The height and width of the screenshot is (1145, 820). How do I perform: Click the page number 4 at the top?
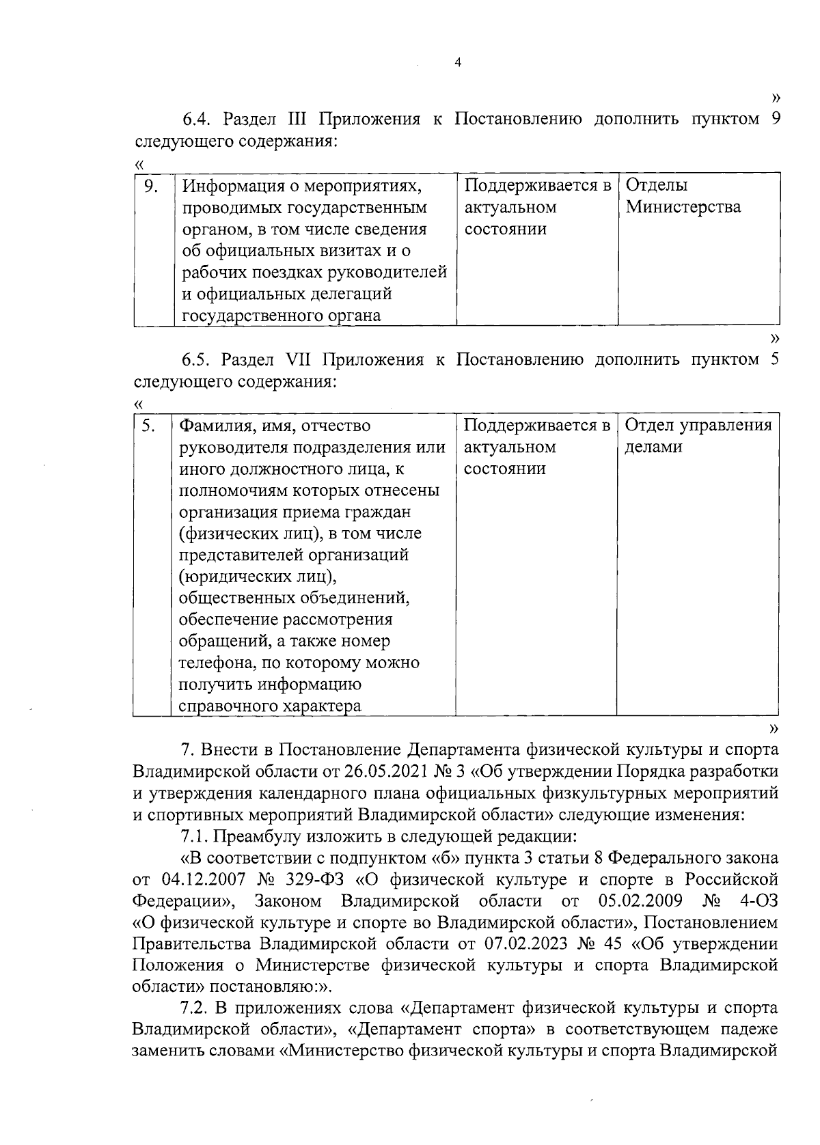(x=459, y=63)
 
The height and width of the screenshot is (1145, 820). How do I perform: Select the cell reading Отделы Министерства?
(x=683, y=196)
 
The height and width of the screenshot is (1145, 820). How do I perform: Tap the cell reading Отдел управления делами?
(x=698, y=436)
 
